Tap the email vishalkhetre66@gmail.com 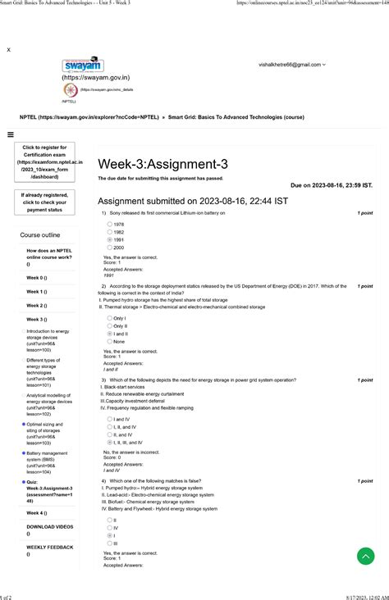pyautogui.click(x=290, y=64)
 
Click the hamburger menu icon pyautogui.click(x=9, y=135)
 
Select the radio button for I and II pyautogui.click(x=110, y=334)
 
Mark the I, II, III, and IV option pyautogui.click(x=110, y=442)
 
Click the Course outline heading pyautogui.click(x=40, y=235)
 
